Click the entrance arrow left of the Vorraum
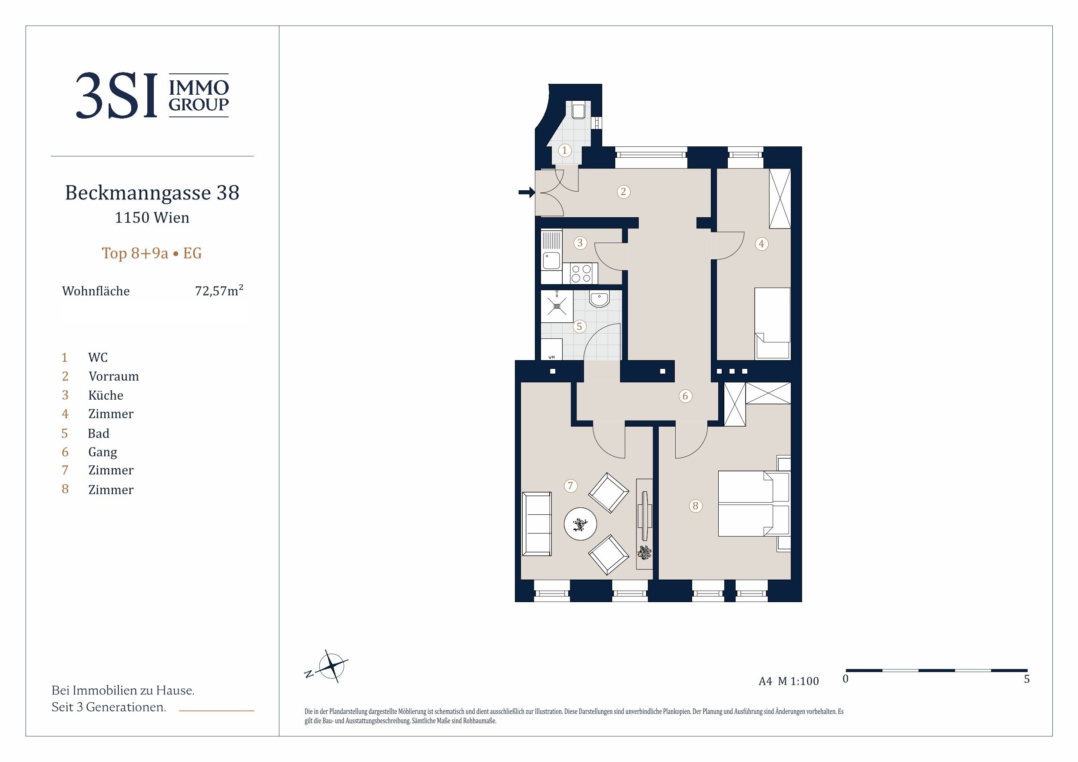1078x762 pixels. pyautogui.click(x=527, y=192)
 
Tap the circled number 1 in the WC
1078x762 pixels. pyautogui.click(x=564, y=150)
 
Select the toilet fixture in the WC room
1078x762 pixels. pyautogui.click(x=578, y=109)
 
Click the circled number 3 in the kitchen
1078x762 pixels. pyautogui.click(x=580, y=243)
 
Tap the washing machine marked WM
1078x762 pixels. pyautogui.click(x=552, y=350)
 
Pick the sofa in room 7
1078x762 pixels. pyautogui.click(x=537, y=523)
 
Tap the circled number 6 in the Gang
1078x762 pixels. pyautogui.click(x=685, y=396)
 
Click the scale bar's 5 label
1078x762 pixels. pyautogui.click(x=1027, y=679)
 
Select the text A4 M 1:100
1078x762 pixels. pyautogui.click(x=789, y=681)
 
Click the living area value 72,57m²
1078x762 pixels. pyautogui.click(x=219, y=290)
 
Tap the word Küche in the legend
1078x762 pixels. pyautogui.click(x=106, y=395)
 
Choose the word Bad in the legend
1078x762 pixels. pyautogui.click(x=99, y=433)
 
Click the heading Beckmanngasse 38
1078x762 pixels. pyautogui.click(x=152, y=192)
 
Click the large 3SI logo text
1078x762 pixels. pyautogui.click(x=116, y=96)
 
